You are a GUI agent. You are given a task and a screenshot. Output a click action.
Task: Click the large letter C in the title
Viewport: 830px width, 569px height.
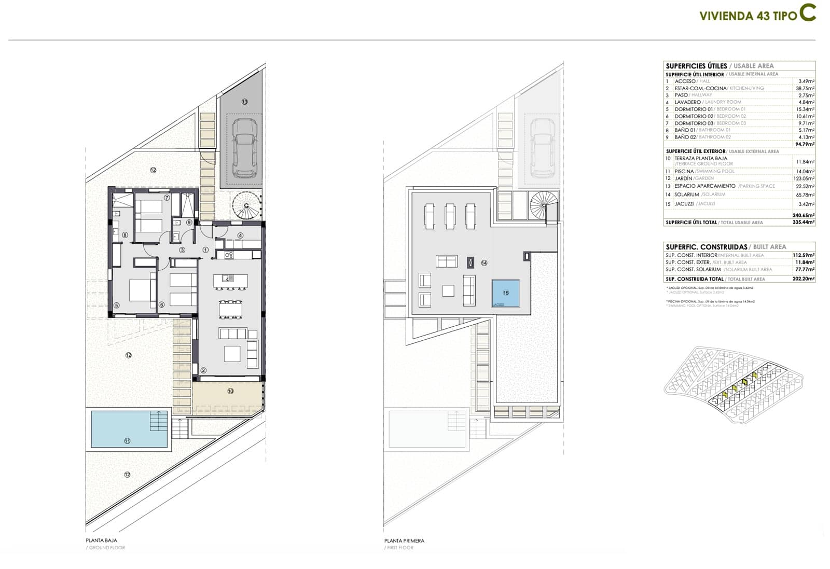[x=807, y=13]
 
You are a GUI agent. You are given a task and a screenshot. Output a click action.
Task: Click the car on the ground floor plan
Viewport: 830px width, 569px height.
[x=244, y=147]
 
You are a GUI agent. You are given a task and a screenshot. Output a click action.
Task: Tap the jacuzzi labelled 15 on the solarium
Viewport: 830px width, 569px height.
[x=506, y=293]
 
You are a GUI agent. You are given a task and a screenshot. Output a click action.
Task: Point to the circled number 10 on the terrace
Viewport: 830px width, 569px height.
[x=230, y=391]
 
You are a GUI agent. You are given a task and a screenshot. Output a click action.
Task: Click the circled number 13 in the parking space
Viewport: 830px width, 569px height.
[x=244, y=102]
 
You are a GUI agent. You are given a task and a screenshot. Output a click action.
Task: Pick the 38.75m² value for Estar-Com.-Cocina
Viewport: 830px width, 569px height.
[x=805, y=88]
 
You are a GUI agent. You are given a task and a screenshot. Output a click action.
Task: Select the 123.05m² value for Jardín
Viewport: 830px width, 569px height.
[x=804, y=178]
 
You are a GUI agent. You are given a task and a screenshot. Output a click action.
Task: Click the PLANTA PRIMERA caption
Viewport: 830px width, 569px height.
[x=404, y=540]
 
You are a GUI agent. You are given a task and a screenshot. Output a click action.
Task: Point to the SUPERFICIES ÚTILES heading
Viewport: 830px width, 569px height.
[x=696, y=66]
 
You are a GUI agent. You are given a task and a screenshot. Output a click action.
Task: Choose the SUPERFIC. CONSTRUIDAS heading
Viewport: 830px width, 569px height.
[x=706, y=247]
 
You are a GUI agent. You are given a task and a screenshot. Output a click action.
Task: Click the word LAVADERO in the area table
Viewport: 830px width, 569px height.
[x=688, y=102]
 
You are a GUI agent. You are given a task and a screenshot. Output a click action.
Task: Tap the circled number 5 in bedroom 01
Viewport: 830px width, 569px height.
[x=117, y=306]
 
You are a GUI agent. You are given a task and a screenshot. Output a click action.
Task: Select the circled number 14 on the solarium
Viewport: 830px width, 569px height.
[x=484, y=263]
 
